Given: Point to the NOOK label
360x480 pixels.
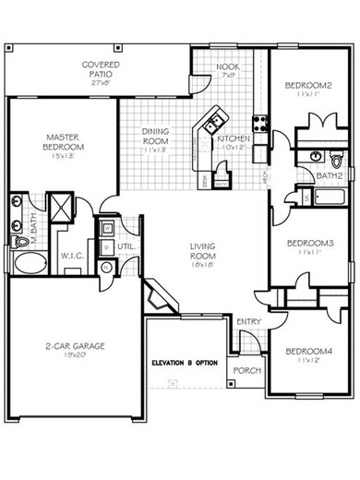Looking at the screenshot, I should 227,69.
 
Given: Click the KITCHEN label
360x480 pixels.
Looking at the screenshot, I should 232,138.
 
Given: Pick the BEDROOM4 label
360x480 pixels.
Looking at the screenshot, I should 307,352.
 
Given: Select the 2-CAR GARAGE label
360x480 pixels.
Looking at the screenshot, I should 76,347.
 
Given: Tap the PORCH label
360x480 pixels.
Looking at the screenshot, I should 246,371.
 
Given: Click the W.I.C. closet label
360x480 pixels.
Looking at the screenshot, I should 72,256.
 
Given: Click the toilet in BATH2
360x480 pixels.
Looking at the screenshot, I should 316,156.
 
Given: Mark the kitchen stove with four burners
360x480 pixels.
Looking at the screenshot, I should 260,119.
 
